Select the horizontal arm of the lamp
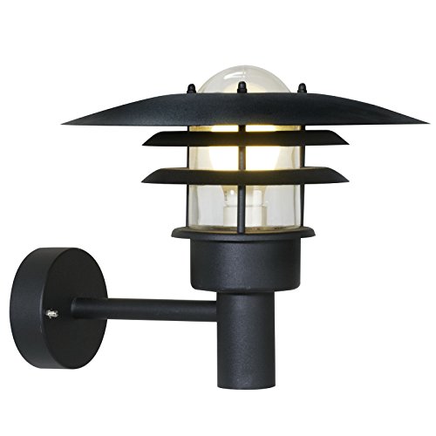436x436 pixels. pyautogui.click(x=144, y=308)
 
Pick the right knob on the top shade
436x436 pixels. pyautogui.click(x=301, y=87)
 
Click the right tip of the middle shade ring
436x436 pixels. pyautogui.click(x=346, y=141)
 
